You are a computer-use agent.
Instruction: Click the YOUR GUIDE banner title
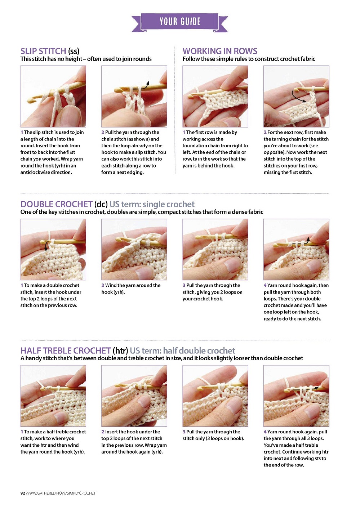180,21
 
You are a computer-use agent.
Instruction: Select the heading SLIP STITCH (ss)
50,51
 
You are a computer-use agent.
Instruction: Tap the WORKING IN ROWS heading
220,51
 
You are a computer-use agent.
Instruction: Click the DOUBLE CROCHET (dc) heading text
64,204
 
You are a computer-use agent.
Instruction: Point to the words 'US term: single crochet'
152,204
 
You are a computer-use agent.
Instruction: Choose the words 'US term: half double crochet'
182,351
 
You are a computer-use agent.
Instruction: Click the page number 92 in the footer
22,493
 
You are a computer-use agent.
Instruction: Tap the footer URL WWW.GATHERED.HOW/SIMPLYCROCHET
61,493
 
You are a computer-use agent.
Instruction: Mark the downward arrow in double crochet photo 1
46,246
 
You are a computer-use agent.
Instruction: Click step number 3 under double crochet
184,285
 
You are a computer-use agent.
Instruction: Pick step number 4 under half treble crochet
265,432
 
